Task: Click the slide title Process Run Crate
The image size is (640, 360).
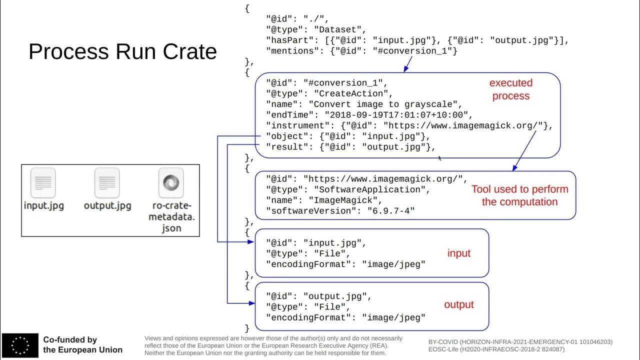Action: pyautogui.click(x=122, y=51)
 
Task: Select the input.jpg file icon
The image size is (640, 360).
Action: pyautogui.click(x=43, y=183)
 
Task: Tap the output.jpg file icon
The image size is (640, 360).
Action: pyautogui.click(x=107, y=183)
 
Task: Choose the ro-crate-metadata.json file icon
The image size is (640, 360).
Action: pyautogui.click(x=171, y=183)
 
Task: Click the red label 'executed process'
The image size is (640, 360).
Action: pyautogui.click(x=510, y=89)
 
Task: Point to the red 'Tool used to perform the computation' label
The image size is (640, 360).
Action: pyautogui.click(x=519, y=195)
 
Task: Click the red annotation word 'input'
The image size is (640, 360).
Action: pyautogui.click(x=458, y=253)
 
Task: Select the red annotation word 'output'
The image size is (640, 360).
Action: pyautogui.click(x=458, y=304)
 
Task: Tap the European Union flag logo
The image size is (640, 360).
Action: pyautogui.click(x=20, y=344)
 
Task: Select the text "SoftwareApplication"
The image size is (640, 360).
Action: pyautogui.click(x=371, y=190)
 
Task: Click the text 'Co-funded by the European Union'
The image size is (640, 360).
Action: pyautogui.click(x=82, y=344)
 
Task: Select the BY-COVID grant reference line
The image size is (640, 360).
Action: pyautogui.click(x=520, y=342)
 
